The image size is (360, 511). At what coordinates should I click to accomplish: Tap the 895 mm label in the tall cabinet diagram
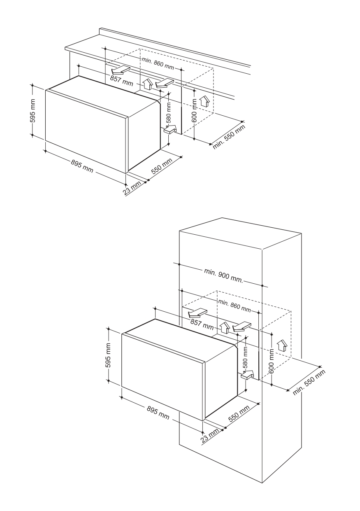coord(158,413)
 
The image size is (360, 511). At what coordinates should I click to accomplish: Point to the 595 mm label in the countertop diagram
coord(33,110)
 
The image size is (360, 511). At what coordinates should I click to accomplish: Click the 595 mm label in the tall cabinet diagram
coord(109,355)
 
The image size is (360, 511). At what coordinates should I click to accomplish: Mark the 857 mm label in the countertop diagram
coord(121,81)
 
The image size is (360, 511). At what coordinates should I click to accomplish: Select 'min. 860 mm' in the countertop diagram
coord(158,63)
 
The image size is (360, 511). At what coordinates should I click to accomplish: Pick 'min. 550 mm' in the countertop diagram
coord(229,137)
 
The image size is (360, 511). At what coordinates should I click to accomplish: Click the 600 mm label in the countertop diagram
coord(194,110)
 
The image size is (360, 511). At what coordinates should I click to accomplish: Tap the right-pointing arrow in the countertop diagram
coord(170,130)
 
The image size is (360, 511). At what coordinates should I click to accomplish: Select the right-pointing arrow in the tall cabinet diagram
coord(247,375)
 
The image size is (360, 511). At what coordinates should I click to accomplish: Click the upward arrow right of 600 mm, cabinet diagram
coord(283,345)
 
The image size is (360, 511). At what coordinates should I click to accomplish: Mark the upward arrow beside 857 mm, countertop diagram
coord(148,84)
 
